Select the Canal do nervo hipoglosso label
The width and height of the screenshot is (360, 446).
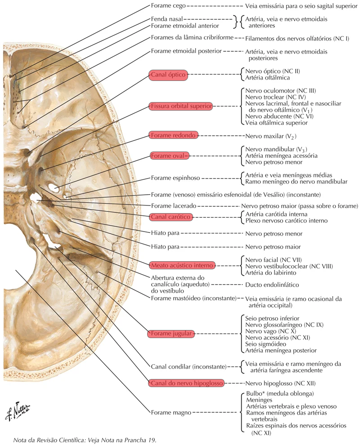(x=186, y=384)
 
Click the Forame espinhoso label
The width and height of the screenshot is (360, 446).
(x=175, y=178)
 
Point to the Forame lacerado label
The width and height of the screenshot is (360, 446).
(x=174, y=205)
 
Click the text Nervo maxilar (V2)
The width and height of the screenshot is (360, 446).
(x=270, y=136)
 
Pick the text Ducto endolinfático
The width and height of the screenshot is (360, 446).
(x=272, y=285)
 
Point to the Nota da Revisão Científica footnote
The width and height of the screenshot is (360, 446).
(x=85, y=440)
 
